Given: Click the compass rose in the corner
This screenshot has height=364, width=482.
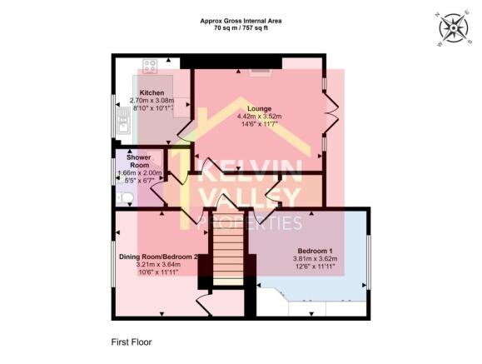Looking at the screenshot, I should click(452, 27).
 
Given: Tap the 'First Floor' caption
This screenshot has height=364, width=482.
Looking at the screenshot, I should click(132, 342).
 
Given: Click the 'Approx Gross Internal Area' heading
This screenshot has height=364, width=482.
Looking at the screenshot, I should click(240, 19).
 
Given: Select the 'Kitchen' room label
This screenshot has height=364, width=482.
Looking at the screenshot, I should click(151, 92).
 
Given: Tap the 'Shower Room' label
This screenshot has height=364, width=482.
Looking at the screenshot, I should click(137, 161).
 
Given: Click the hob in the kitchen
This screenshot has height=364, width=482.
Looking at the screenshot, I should click(152, 64).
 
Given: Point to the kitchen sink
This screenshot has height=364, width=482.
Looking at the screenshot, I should click(122, 126).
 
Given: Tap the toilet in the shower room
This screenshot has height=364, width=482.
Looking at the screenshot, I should click(125, 197).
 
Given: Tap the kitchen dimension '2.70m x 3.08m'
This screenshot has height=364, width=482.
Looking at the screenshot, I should click(152, 99).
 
